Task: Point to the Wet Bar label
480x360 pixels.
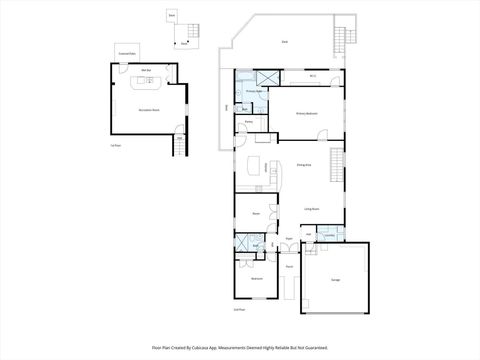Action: click(145, 69)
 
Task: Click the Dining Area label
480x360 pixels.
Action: click(303, 165)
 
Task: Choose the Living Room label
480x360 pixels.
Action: click(311, 209)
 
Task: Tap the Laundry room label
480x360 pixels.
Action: click(329, 237)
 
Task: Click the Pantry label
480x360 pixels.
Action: click(249, 122)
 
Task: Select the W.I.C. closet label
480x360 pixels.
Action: click(312, 77)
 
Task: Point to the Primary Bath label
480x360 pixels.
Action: click(254, 90)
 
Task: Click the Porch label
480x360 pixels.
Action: click(288, 267)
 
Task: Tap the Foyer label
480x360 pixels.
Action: click(288, 239)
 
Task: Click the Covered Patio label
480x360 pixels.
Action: click(127, 53)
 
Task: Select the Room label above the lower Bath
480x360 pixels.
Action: click(256, 213)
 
